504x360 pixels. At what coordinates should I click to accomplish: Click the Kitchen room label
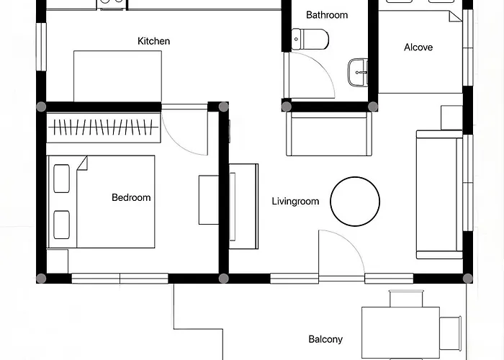tap(153, 41)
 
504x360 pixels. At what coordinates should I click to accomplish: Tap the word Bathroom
tap(327, 15)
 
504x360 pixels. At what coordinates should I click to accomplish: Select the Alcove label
tap(418, 48)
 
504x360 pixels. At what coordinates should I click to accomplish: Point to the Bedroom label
tap(131, 197)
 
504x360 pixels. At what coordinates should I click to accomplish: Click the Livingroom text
tap(295, 201)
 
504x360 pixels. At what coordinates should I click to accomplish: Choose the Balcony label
tap(325, 339)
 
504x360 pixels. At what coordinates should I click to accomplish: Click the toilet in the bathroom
tap(310, 39)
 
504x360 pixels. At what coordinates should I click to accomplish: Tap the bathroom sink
tap(358, 72)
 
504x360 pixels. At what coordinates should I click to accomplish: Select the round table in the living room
tap(355, 202)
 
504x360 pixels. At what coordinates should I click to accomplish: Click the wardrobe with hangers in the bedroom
tap(104, 127)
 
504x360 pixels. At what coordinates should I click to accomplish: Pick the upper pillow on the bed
tap(61, 179)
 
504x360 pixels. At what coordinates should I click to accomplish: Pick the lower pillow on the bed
tap(61, 225)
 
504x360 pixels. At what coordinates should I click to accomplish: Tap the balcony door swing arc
tap(350, 243)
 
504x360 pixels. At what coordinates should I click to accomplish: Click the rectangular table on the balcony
tap(400, 333)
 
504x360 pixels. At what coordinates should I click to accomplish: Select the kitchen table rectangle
tap(117, 76)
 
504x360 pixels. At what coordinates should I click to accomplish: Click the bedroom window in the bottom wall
tap(120, 279)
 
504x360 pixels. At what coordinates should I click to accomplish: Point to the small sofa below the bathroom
tap(329, 134)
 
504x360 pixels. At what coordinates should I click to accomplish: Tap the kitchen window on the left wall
tap(41, 47)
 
